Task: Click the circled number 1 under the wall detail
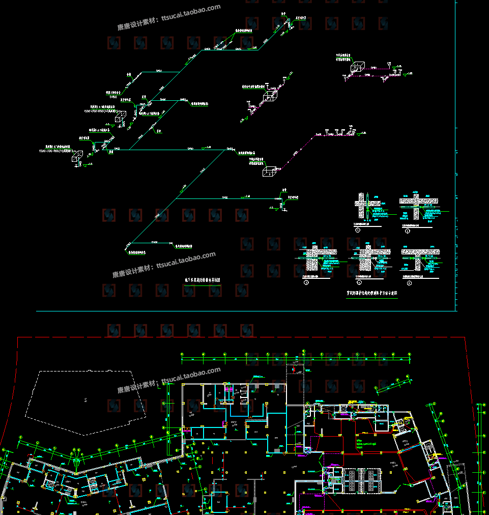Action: (358, 230)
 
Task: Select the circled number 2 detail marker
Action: (408, 230)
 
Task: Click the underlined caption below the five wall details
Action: (372, 293)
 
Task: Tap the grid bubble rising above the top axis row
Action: (303, 351)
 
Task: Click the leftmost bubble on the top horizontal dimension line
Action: (182, 354)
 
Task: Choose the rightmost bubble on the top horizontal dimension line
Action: (411, 354)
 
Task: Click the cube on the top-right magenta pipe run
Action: (357, 67)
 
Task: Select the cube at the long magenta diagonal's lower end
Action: (269, 171)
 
